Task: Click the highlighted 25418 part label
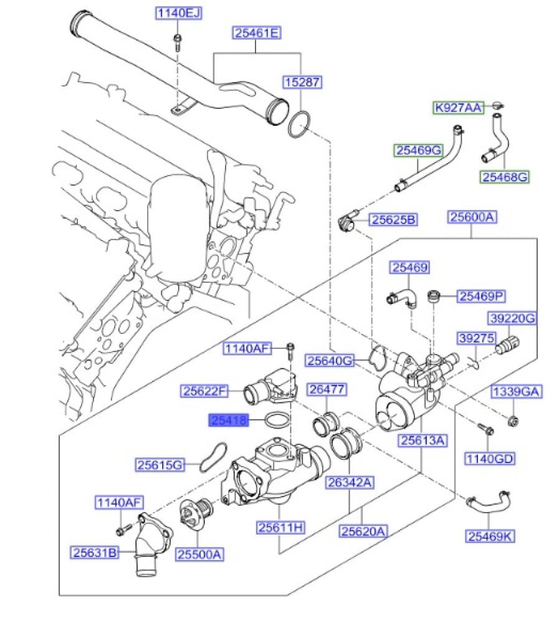(228, 421)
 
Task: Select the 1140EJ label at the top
(178, 13)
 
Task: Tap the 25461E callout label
(256, 32)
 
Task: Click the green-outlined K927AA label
(459, 108)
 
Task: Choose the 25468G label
(504, 178)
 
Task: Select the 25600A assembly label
(472, 217)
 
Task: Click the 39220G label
(512, 318)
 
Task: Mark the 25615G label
(161, 465)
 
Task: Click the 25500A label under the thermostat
(199, 553)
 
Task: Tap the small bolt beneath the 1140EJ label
(178, 42)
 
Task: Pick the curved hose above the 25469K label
(490, 502)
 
